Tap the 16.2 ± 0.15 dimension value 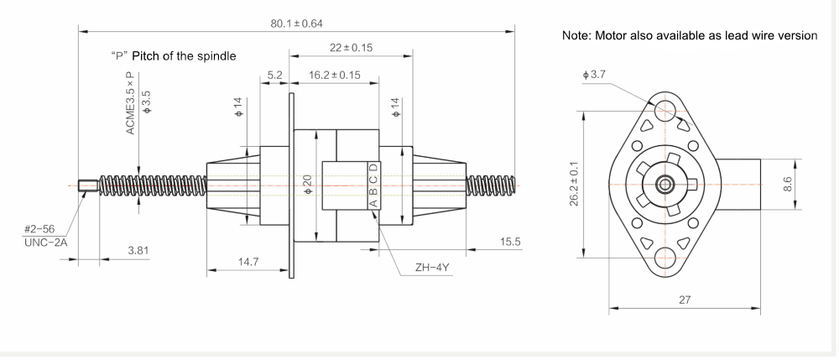(334, 75)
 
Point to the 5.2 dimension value (274, 75)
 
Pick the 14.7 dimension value (249, 261)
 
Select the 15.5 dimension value (509, 242)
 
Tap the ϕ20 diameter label (308, 183)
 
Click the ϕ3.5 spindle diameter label (147, 97)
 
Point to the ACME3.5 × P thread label (130, 102)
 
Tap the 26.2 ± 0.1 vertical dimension (572, 184)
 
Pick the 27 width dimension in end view (685, 300)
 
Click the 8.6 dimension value (787, 184)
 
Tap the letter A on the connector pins (373, 202)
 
